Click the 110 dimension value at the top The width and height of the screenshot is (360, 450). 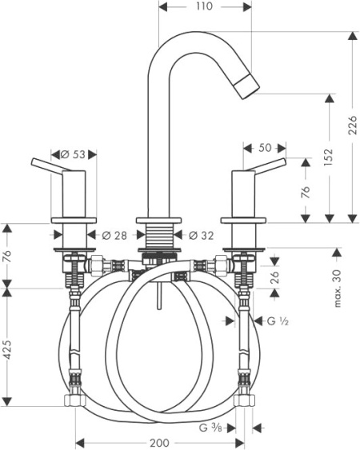click(x=205, y=6)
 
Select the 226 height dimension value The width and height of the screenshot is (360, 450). click(x=352, y=125)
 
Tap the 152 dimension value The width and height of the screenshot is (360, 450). click(x=328, y=157)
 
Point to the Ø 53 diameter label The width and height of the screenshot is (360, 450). click(x=73, y=155)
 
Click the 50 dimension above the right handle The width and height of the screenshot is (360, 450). click(x=265, y=148)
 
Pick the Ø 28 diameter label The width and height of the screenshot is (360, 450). click(x=114, y=236)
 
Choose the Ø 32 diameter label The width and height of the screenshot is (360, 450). click(x=201, y=236)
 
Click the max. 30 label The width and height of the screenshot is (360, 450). click(x=338, y=288)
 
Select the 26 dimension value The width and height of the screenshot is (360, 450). click(x=275, y=277)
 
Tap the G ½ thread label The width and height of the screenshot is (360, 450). click(x=278, y=321)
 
